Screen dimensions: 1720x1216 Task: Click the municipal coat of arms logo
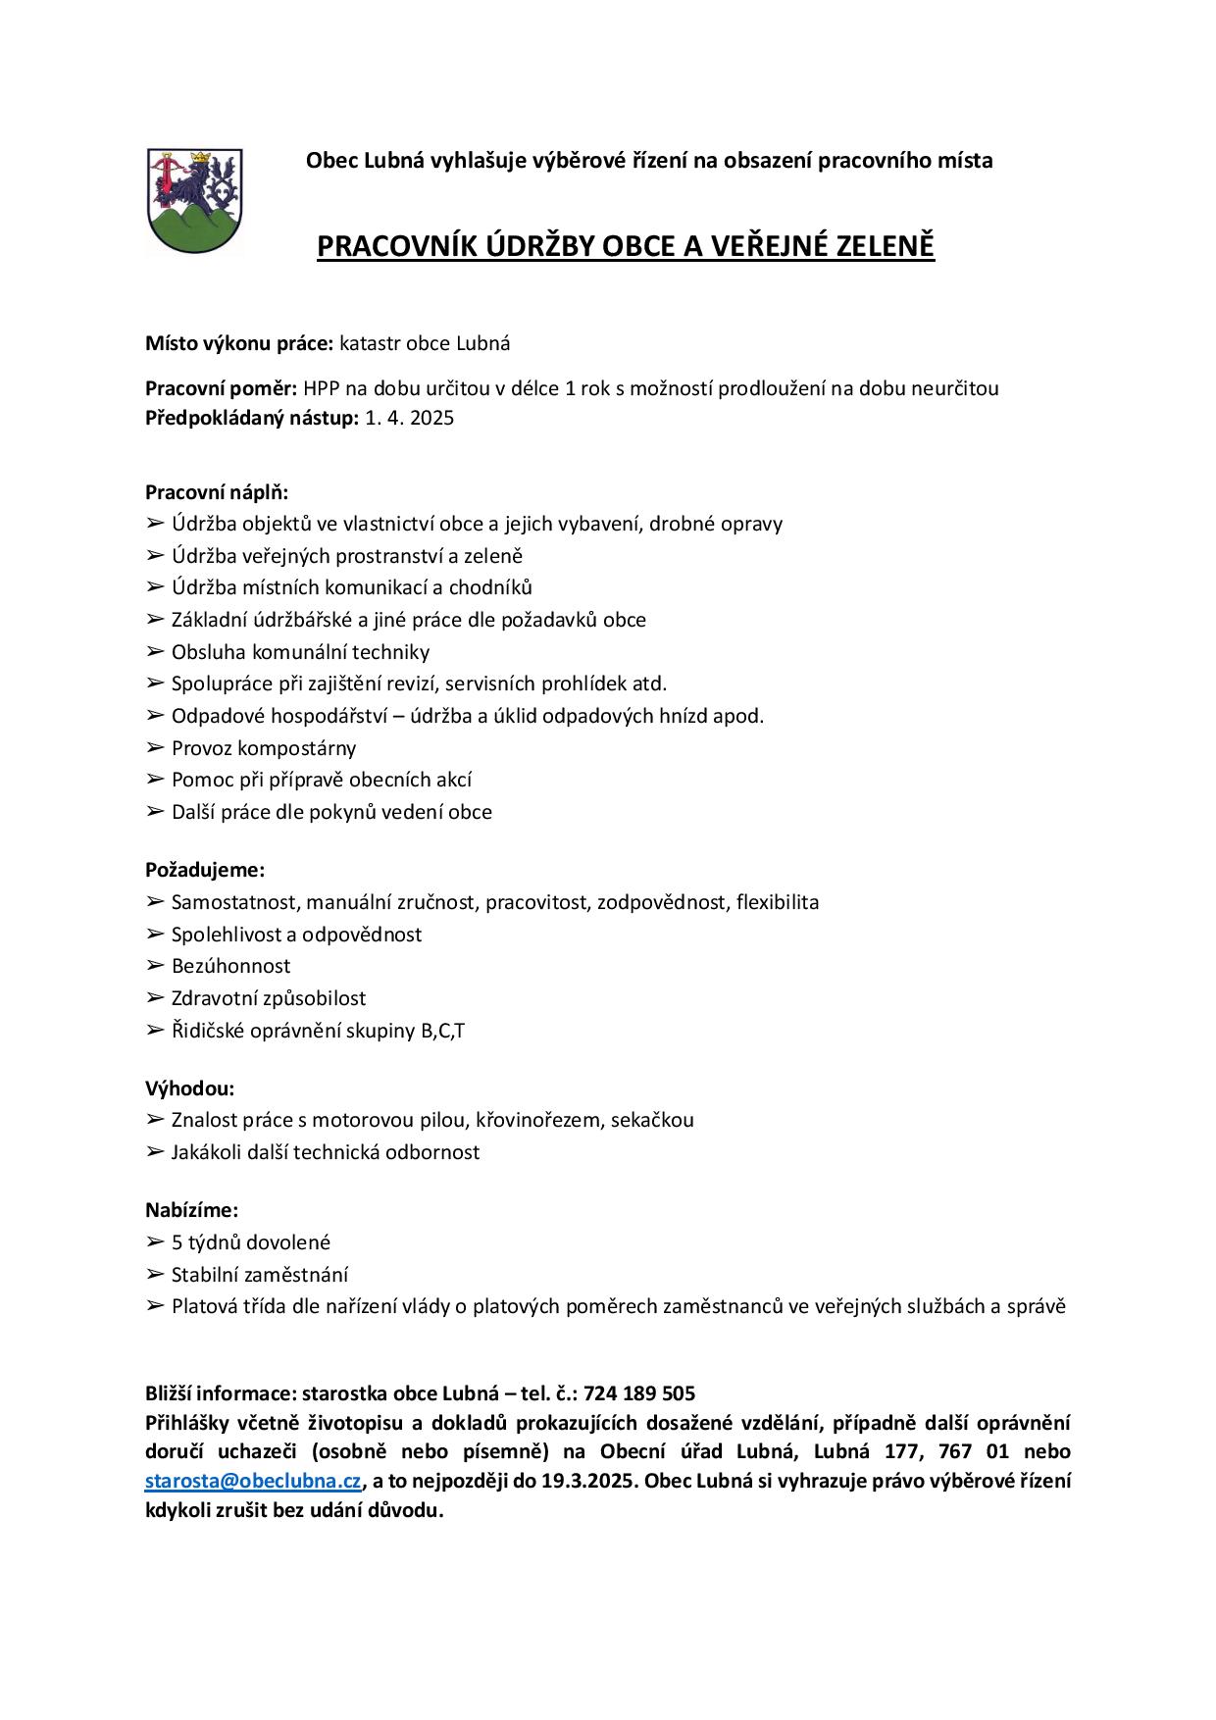pyautogui.click(x=194, y=201)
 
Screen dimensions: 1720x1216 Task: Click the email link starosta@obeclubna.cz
pyautogui.click(x=253, y=1481)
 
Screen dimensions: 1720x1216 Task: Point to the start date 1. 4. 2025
pyautogui.click(x=410, y=419)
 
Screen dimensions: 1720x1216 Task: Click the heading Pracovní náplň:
pyautogui.click(x=217, y=492)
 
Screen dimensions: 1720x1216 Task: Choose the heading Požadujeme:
pyautogui.click(x=205, y=870)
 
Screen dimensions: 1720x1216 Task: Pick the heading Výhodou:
pyautogui.click(x=190, y=1088)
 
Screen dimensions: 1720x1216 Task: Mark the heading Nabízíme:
pyautogui.click(x=192, y=1211)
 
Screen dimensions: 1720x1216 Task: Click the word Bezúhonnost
pyautogui.click(x=230, y=966)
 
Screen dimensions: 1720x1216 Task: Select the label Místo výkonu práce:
pyautogui.click(x=239, y=344)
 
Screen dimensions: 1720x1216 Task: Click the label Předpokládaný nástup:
pyautogui.click(x=252, y=419)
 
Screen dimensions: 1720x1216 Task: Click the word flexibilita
pyautogui.click(x=778, y=902)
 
